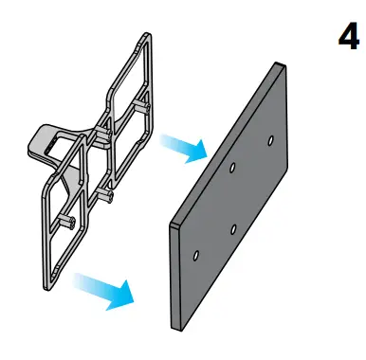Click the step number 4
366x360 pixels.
click(x=348, y=36)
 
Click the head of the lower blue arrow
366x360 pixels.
click(x=121, y=296)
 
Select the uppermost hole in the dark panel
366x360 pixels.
click(x=270, y=140)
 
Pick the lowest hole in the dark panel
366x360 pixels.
click(x=196, y=256)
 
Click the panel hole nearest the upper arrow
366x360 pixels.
click(x=232, y=167)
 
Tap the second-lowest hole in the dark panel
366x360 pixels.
click(x=233, y=229)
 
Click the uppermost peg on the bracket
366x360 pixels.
click(x=141, y=106)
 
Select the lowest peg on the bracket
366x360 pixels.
click(x=66, y=222)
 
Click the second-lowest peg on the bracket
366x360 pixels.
click(x=104, y=194)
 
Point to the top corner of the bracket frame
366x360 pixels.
click(x=147, y=32)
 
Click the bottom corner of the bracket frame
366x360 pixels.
click(x=46, y=290)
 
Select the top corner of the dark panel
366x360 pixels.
click(x=277, y=63)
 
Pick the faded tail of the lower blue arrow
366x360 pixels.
click(x=82, y=281)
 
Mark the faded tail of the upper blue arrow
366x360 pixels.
click(x=168, y=140)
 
